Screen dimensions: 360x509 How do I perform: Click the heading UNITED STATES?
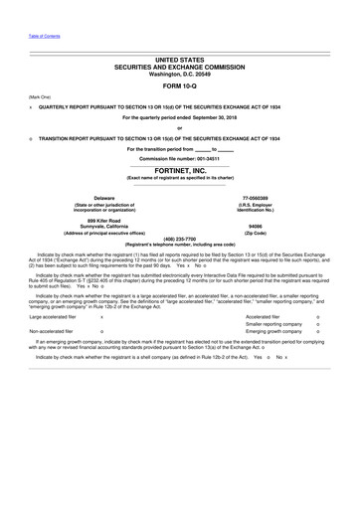(x=179, y=61)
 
